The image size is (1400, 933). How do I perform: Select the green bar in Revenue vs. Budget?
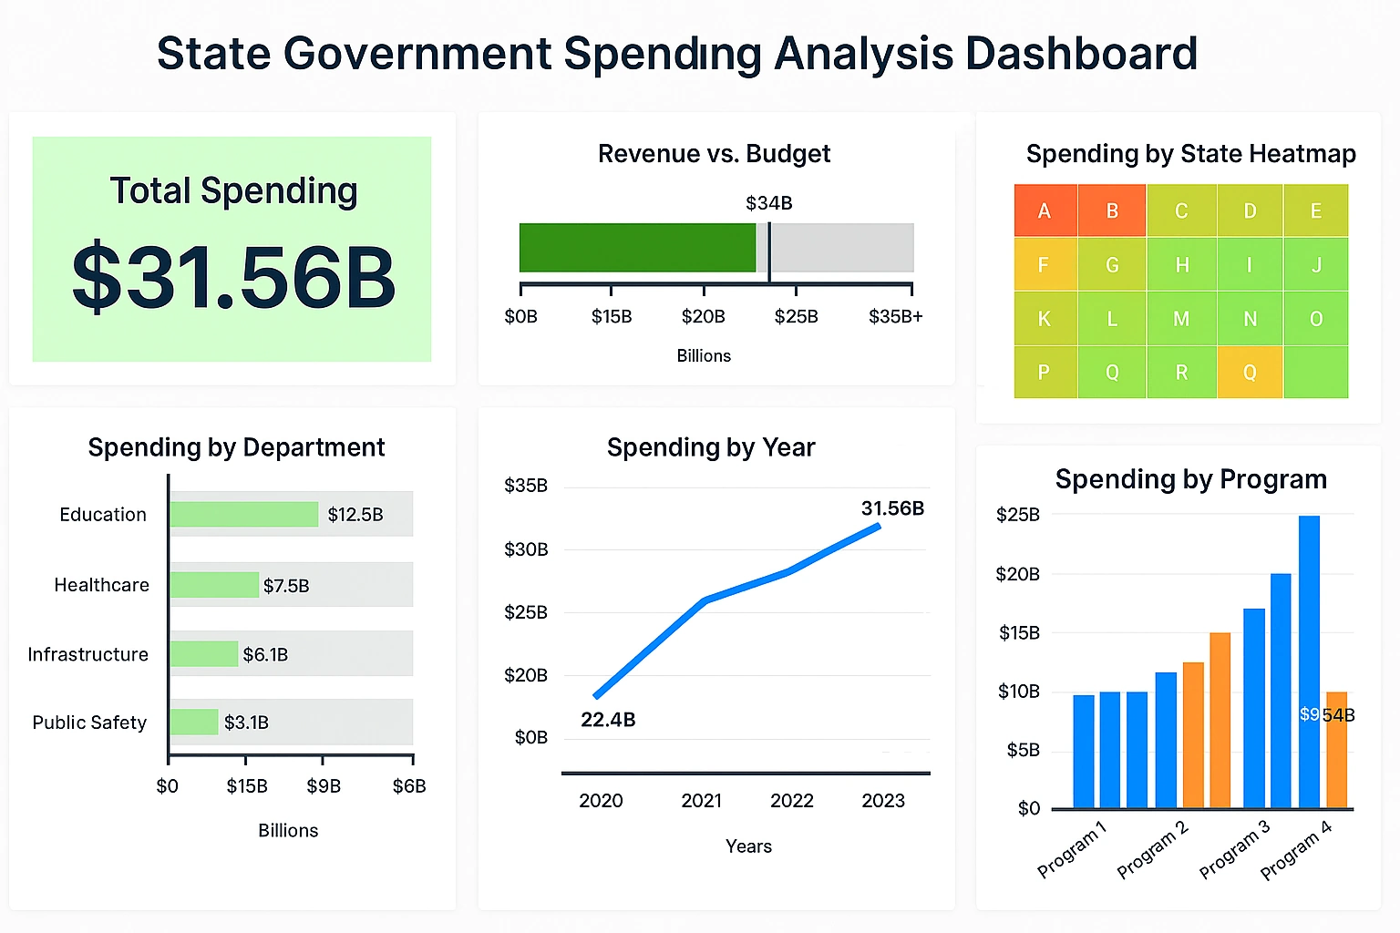(637, 248)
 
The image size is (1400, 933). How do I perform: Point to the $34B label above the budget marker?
(768, 203)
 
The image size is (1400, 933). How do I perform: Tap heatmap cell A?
(1045, 211)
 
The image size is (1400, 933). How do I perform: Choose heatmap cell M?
(1181, 319)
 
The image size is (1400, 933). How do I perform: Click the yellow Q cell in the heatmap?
(1250, 372)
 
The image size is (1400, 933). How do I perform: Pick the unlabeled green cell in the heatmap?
(1315, 372)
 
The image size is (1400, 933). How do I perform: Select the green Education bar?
(243, 515)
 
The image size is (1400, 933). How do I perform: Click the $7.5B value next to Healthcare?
(286, 586)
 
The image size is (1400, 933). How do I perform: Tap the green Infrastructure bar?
(204, 654)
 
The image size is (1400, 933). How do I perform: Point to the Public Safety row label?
(89, 723)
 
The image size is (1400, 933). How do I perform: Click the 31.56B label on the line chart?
(892, 508)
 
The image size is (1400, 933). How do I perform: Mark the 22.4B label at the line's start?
(608, 720)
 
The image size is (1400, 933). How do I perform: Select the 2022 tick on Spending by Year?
(791, 801)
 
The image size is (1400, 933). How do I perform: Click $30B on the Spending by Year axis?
(526, 549)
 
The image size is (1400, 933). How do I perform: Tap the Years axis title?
(748, 846)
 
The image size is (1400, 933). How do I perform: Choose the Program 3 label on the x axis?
(1234, 850)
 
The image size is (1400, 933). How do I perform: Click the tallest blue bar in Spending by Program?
(1309, 661)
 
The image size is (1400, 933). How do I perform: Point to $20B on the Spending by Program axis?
(1017, 574)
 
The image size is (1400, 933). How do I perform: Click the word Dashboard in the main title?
(1081, 54)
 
